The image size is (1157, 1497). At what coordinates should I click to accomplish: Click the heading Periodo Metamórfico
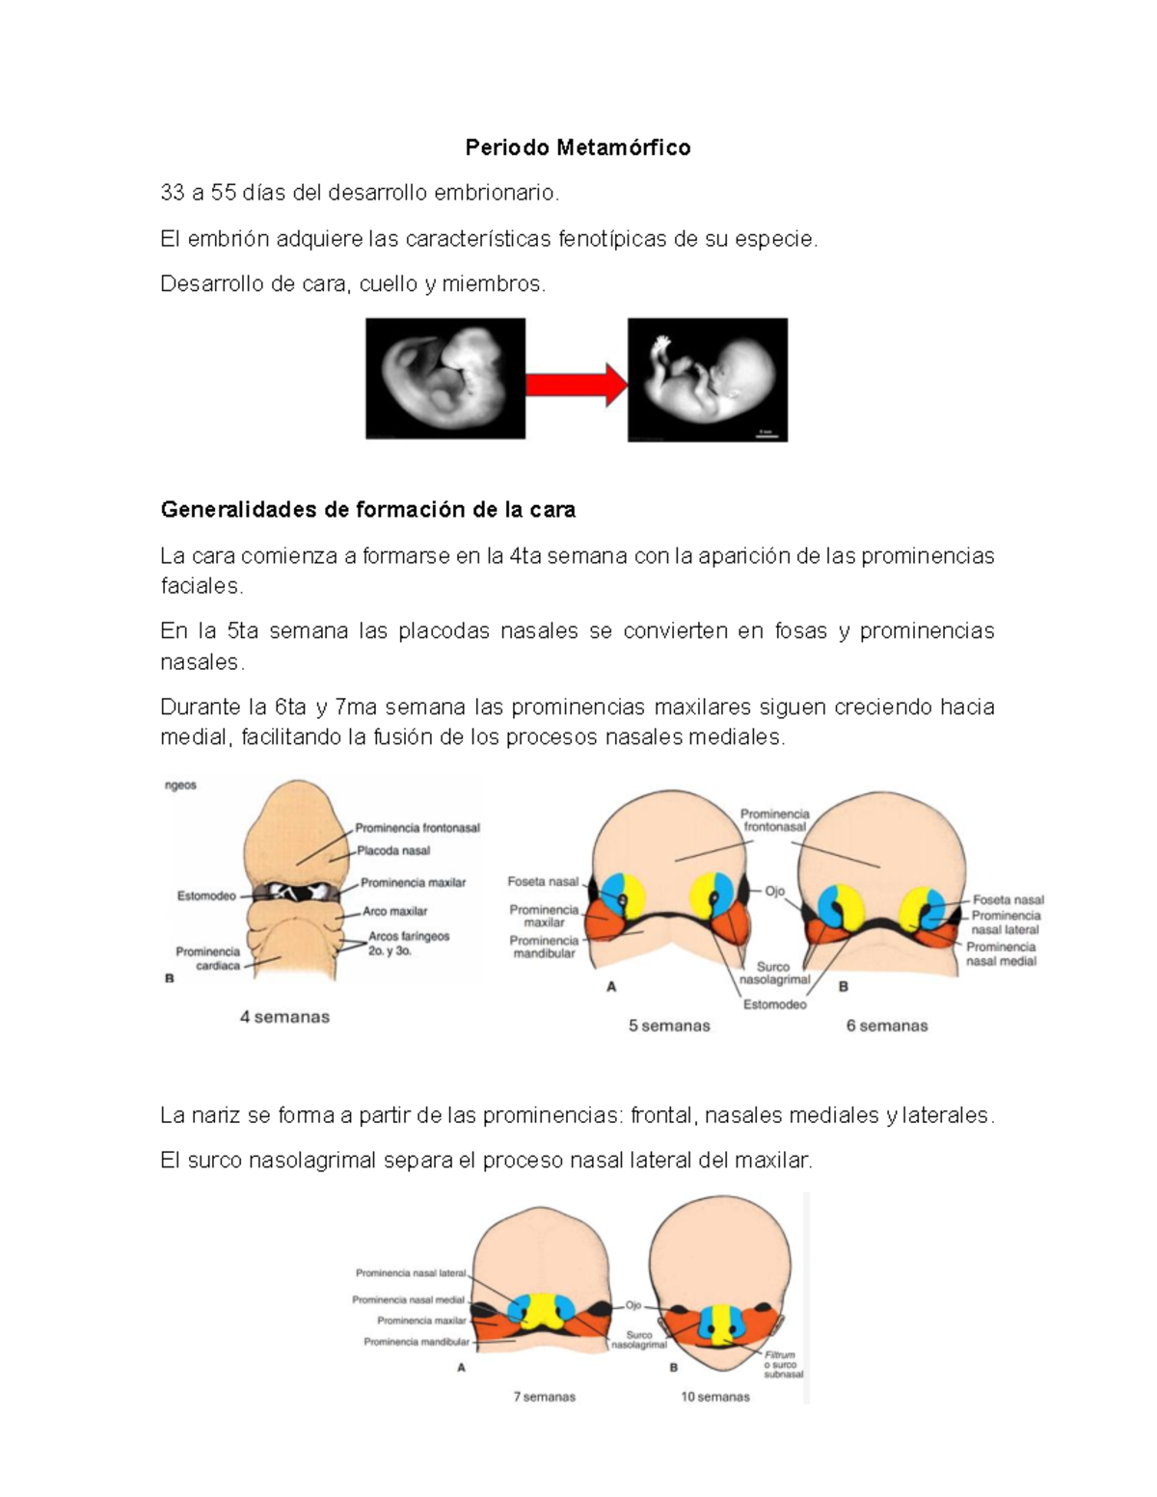tap(578, 147)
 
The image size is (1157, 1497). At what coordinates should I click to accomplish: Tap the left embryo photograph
tap(445, 379)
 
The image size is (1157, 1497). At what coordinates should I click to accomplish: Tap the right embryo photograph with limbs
tap(708, 380)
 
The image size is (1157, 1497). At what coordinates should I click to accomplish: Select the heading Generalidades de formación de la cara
tap(367, 510)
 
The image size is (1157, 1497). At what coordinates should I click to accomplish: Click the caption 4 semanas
tap(284, 1017)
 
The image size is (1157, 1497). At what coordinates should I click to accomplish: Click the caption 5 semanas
tap(669, 1026)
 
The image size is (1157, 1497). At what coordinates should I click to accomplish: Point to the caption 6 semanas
tap(887, 1026)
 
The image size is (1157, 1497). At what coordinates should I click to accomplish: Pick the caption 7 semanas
tap(544, 1397)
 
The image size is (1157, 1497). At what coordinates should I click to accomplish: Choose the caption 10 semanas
tap(714, 1397)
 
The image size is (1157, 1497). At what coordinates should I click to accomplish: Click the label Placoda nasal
tap(393, 851)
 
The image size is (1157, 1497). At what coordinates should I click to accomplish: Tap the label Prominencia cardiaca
tap(209, 958)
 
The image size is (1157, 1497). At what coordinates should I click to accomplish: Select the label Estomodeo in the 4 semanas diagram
tap(206, 896)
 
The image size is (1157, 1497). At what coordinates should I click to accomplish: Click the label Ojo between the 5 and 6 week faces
tap(774, 892)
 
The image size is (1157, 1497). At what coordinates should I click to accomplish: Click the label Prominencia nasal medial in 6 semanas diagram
tap(1001, 953)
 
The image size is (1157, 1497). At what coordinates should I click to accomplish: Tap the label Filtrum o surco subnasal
tap(783, 1364)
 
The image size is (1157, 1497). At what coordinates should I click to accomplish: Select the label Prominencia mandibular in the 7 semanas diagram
tap(417, 1341)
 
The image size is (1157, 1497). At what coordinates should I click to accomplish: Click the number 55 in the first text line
tap(224, 193)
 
